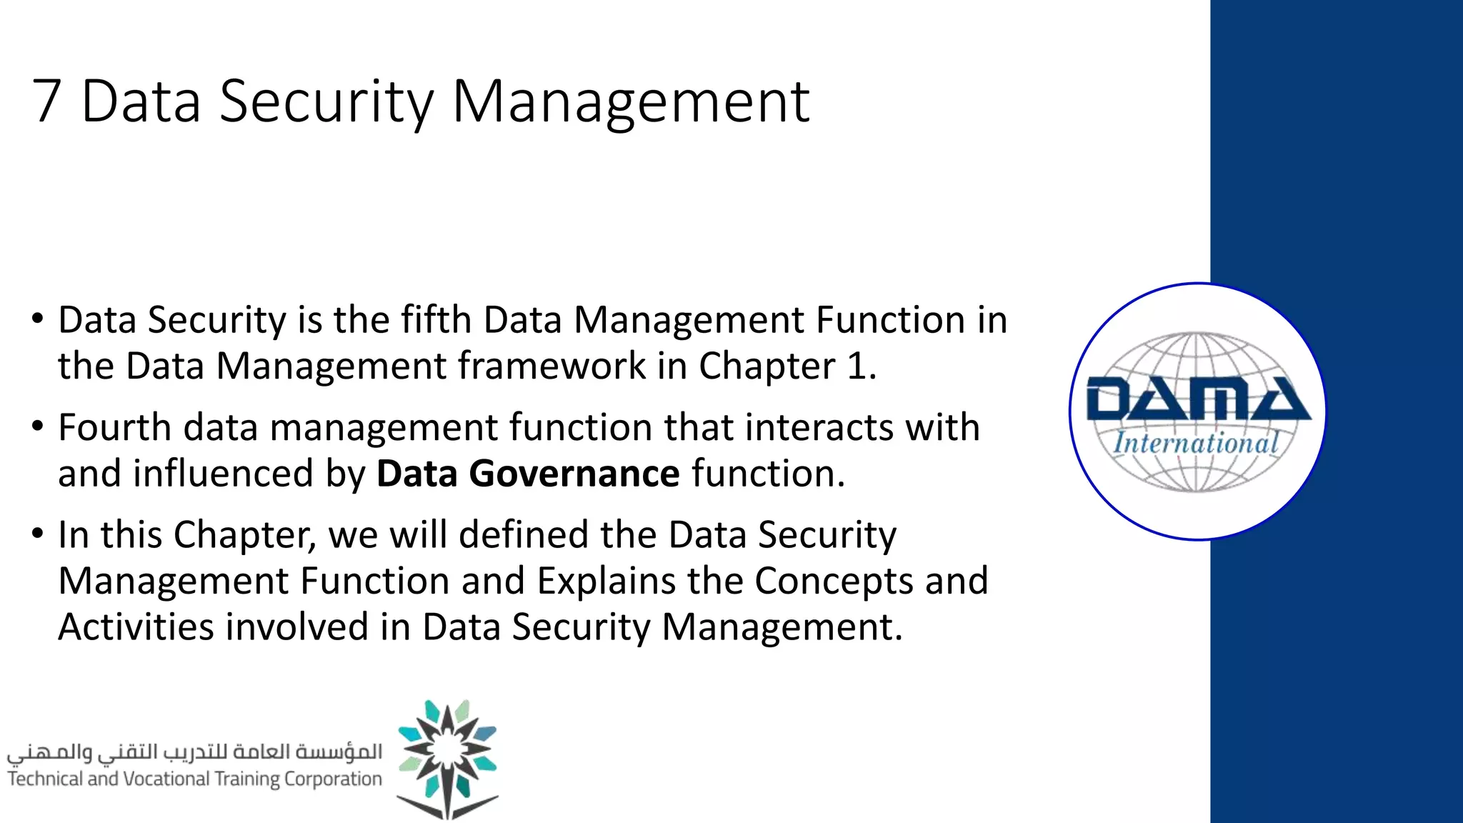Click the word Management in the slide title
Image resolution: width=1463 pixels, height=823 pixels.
point(631,101)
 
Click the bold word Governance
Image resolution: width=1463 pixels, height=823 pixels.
point(574,474)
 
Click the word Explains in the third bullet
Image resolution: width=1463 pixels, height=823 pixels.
point(606,581)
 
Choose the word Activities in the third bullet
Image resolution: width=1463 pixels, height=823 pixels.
point(136,627)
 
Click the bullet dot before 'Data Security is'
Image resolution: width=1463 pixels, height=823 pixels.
point(38,319)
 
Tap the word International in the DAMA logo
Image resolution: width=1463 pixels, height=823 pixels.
point(1196,443)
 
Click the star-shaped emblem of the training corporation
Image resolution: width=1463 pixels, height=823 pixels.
point(447,759)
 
